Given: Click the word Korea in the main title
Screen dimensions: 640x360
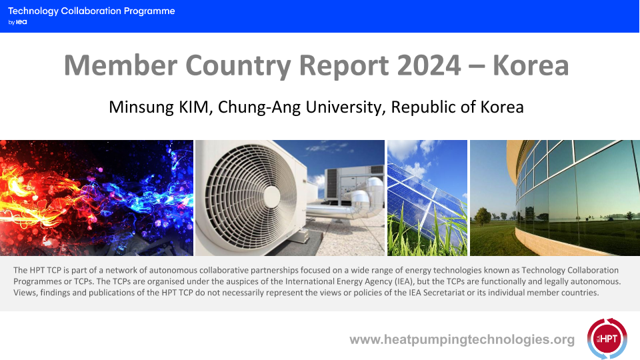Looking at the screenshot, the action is point(531,65).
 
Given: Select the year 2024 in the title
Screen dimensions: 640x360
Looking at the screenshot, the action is point(429,65).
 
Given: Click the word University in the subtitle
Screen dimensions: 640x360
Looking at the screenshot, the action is point(345,107).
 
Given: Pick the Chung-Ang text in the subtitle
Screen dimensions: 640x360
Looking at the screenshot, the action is point(259,107).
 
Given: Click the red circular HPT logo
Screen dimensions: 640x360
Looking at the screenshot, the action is point(607,339).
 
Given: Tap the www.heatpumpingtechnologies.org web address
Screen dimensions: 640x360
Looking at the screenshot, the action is point(462,339).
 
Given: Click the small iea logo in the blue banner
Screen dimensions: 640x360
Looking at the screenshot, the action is point(21,22).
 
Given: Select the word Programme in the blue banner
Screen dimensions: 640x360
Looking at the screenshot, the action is point(149,11).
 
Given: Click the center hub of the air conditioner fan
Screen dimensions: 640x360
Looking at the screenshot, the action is point(271,197).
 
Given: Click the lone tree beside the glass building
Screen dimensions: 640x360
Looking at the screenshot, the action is point(483,216).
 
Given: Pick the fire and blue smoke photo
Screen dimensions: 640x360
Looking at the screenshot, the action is point(96,198).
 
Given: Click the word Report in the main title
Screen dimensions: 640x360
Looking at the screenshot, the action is point(344,65).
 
